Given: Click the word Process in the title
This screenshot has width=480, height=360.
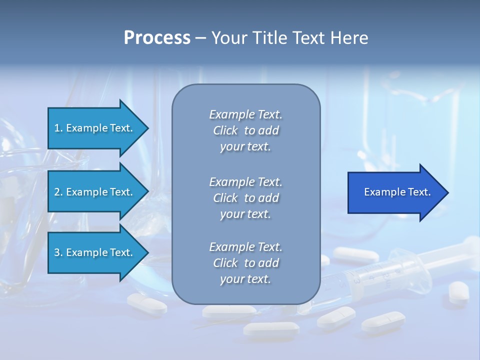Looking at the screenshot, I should [157, 38].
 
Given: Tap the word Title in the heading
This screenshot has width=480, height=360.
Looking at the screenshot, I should [268, 38].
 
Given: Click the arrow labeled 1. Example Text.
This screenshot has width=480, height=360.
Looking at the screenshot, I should [94, 128].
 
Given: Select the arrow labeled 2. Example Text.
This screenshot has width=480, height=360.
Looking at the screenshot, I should [94, 192].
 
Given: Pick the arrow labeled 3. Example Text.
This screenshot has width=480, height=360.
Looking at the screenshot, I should [94, 252].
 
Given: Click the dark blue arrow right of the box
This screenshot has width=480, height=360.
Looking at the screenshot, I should [395, 192].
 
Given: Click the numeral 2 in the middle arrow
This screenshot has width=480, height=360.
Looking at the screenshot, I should [57, 192].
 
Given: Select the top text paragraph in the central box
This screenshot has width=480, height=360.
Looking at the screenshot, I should [245, 130].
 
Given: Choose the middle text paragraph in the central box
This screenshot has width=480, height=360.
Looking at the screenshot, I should [245, 198].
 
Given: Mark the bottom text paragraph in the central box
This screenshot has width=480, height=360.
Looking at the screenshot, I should [245, 263].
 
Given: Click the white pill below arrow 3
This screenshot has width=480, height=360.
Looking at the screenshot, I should [146, 303].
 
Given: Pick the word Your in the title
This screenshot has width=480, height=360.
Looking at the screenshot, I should [229, 38].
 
